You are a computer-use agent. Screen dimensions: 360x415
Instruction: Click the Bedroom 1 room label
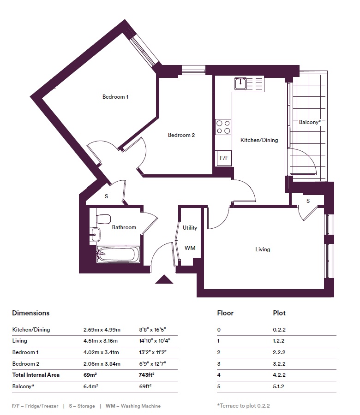115,97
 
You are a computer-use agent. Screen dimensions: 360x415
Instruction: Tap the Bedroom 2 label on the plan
181,135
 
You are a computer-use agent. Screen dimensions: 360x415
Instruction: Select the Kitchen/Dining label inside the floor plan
259,140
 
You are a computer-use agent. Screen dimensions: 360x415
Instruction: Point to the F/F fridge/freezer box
224,158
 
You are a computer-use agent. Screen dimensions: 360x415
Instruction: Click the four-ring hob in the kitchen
223,127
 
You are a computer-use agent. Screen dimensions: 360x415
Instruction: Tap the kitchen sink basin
240,83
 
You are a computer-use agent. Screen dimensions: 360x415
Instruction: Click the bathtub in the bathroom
118,255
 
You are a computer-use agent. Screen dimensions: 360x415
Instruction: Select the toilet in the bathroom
103,219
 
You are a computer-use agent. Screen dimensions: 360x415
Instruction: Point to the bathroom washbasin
95,234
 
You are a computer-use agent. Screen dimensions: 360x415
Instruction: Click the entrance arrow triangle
164,279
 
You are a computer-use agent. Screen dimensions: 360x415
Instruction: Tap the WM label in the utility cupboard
190,248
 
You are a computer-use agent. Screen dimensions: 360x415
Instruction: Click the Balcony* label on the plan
310,122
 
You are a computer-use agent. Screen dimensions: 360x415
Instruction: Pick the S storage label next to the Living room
308,201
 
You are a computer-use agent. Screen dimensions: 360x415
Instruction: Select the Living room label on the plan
263,249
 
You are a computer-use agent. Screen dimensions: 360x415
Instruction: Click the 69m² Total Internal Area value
90,375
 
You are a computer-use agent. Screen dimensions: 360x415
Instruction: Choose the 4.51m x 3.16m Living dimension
101,341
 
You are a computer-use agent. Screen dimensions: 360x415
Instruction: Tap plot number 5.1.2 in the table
278,386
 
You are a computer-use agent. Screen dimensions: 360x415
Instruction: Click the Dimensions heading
31,313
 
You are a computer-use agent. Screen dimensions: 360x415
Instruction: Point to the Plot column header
279,313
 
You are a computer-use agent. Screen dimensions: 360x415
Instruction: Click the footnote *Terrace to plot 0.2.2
243,406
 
